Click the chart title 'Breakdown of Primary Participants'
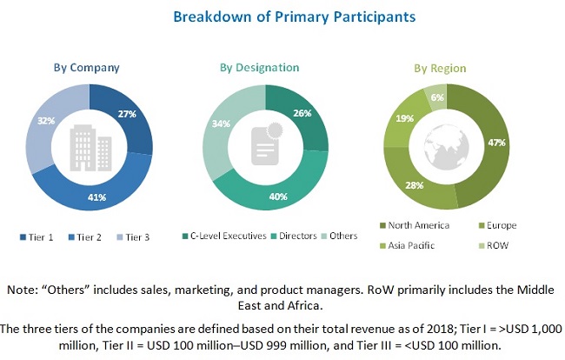point(282,17)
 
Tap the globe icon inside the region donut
point(445,144)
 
